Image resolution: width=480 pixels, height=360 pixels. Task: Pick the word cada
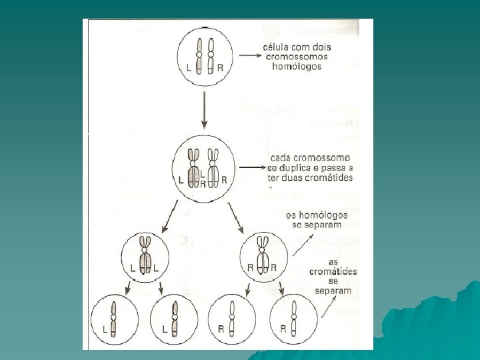coord(278,158)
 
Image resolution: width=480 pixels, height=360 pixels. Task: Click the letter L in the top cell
coord(190,67)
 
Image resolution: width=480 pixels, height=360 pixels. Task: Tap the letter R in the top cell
coord(220,67)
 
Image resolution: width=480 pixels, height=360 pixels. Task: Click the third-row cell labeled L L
coord(145,256)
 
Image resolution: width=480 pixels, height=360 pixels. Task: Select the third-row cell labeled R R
coord(263,256)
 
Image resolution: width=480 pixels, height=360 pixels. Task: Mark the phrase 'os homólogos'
coord(317,215)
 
